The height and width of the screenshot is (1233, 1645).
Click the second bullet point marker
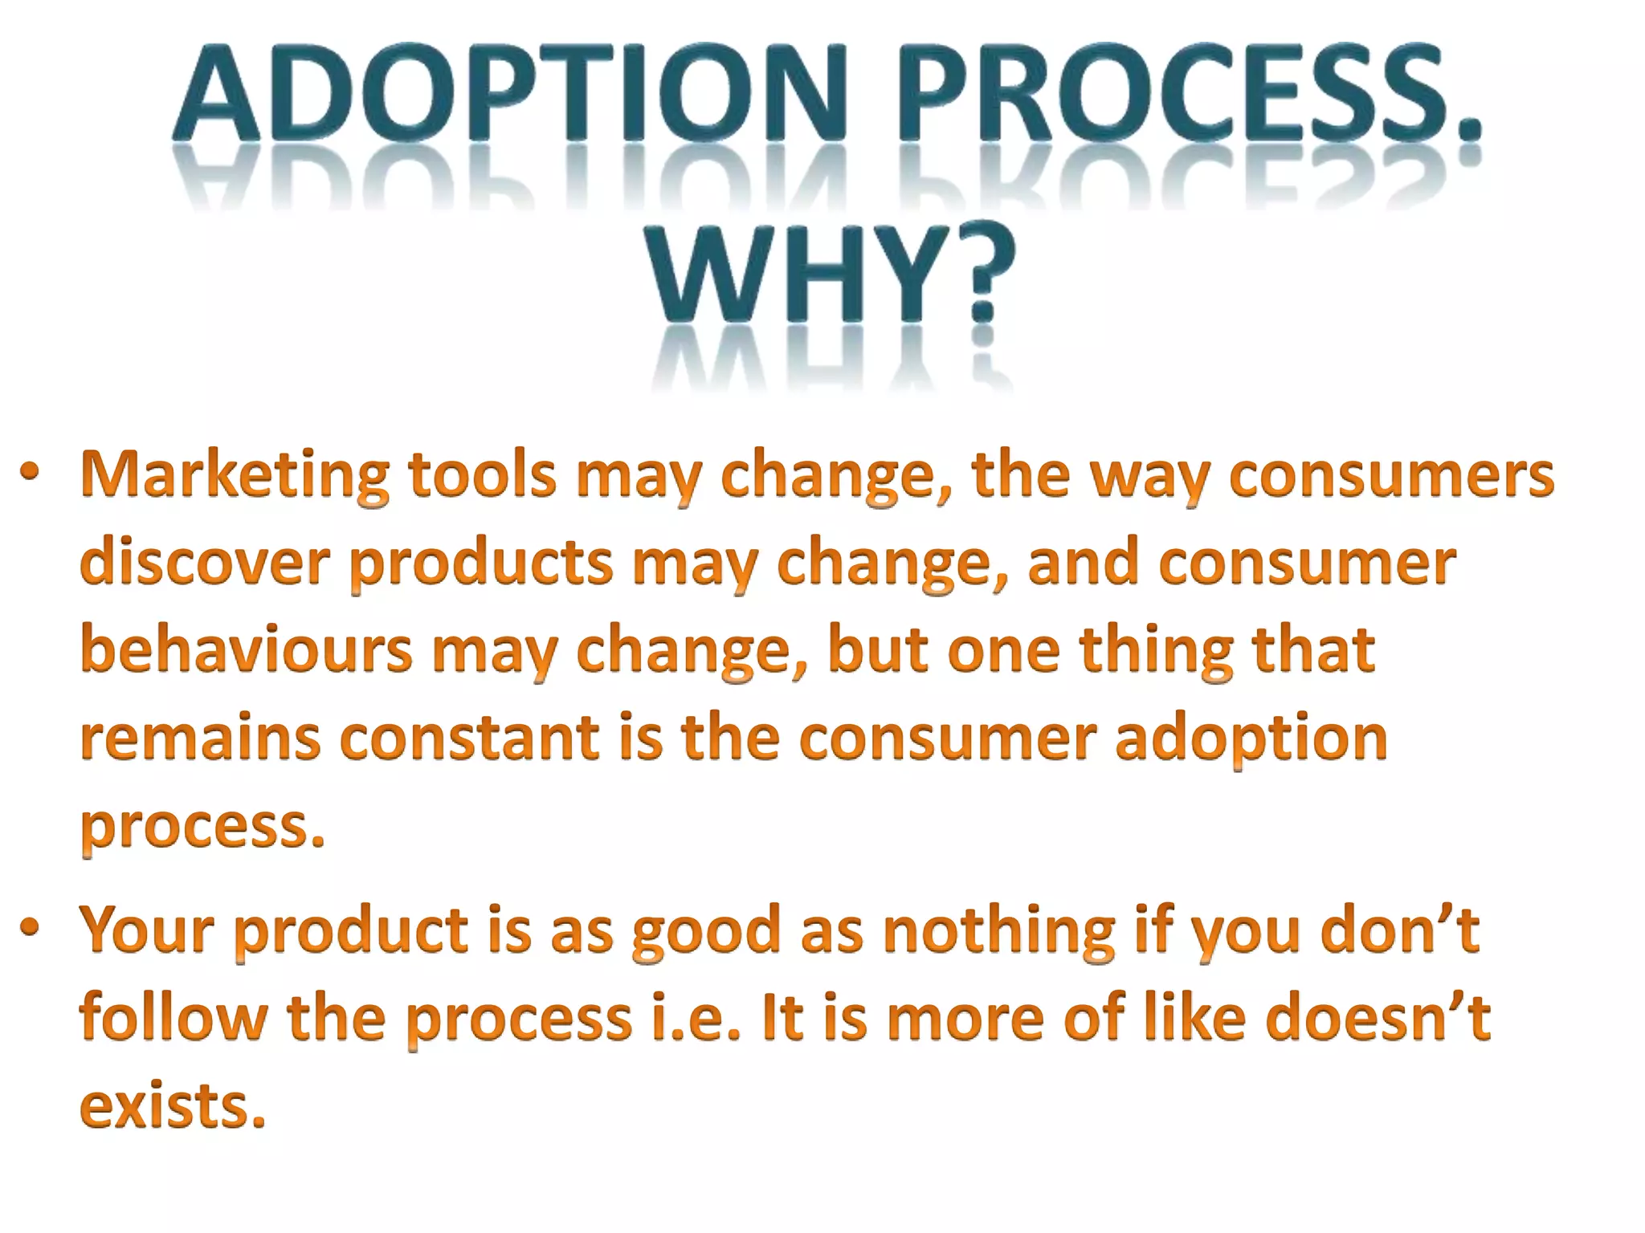click(30, 928)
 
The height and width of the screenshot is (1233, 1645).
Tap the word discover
click(206, 562)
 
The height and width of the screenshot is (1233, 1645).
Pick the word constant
click(470, 739)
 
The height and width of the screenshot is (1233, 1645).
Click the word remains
click(201, 739)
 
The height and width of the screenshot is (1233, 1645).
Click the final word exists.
click(173, 1106)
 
